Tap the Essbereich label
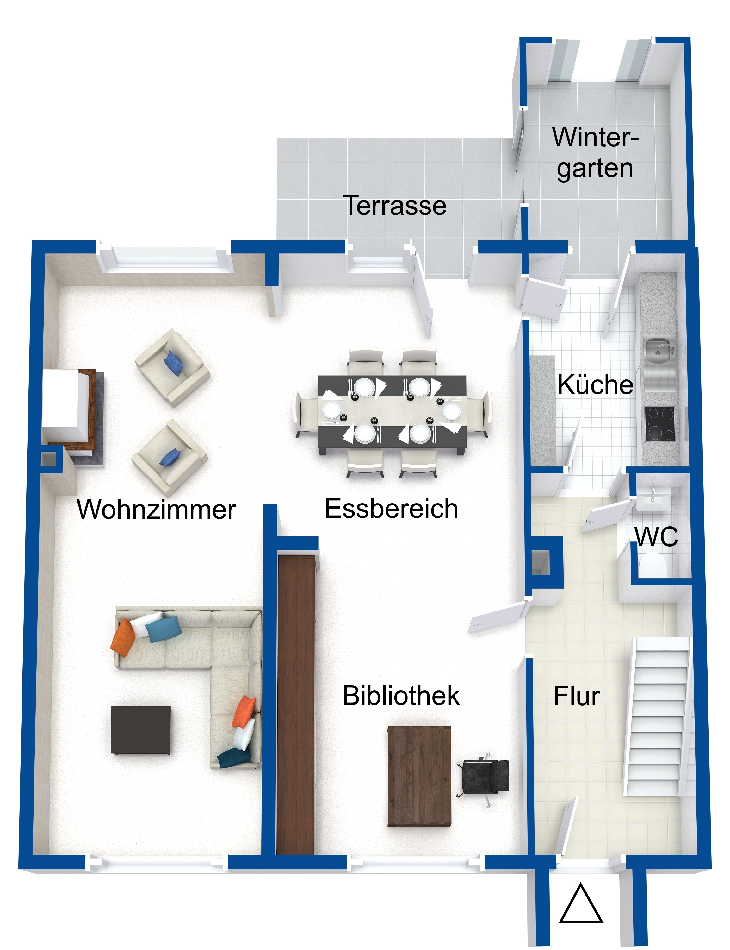click(391, 509)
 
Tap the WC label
click(656, 537)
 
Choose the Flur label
click(576, 696)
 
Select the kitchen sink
click(658, 350)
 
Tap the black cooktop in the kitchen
click(659, 424)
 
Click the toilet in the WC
click(653, 566)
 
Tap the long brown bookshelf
click(296, 705)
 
